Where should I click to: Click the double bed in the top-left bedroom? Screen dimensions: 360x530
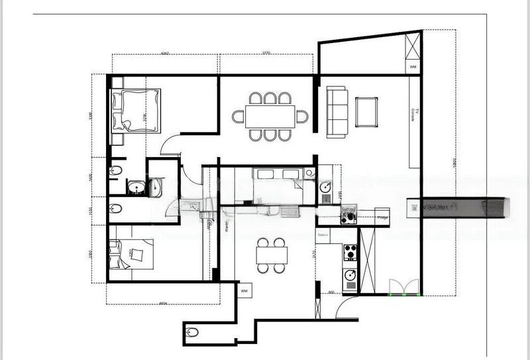136,110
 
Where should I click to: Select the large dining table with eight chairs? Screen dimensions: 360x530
270,117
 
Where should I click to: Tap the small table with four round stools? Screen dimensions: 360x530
272,255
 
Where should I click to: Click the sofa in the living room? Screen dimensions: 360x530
337,112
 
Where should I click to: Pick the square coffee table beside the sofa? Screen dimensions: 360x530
366,112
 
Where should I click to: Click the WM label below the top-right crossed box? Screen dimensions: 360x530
413,67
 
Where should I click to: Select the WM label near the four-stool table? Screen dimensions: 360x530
244,290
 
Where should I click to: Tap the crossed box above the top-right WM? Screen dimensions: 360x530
413,47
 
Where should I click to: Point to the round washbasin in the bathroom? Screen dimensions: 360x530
136,188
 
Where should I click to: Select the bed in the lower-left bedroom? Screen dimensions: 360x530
132,254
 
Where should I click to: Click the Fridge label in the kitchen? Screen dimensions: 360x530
382,217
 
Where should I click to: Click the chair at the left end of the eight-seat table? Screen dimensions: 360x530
238,117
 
